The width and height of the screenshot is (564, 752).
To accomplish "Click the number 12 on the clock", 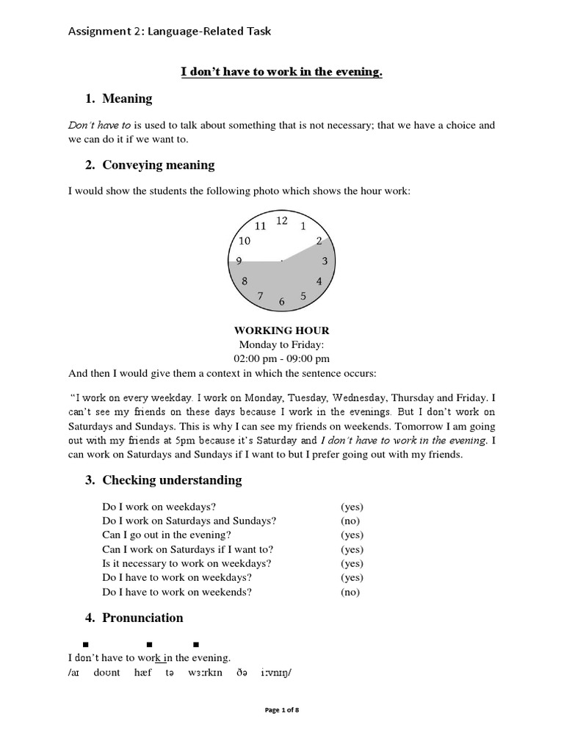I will click(281, 220).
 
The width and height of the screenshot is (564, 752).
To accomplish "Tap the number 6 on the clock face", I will click(281, 301).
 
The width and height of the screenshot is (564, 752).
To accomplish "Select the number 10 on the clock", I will click(245, 241).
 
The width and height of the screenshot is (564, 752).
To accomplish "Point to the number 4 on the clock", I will click(319, 281).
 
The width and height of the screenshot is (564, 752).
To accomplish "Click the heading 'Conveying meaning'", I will click(158, 165).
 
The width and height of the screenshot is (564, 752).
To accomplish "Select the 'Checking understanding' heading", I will click(171, 480).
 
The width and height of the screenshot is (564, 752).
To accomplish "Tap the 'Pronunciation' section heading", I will click(142, 618).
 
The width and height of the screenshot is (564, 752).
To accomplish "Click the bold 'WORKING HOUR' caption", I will click(281, 330).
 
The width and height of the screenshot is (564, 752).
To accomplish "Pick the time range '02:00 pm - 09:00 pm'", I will click(281, 358).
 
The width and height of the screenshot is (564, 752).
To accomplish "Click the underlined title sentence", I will click(281, 72).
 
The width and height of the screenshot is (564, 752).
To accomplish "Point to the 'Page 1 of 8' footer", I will click(281, 710).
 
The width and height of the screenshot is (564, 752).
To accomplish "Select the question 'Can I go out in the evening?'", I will click(167, 535).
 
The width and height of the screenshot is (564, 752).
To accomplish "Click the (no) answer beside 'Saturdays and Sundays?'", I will click(350, 521).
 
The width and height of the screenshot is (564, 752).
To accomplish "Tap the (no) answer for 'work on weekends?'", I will click(350, 592).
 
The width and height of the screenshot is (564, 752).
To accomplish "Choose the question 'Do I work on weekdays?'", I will click(159, 507).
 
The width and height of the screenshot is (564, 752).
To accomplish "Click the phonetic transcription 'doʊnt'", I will click(107, 673).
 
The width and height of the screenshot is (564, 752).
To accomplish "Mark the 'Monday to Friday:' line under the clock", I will click(281, 344).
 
